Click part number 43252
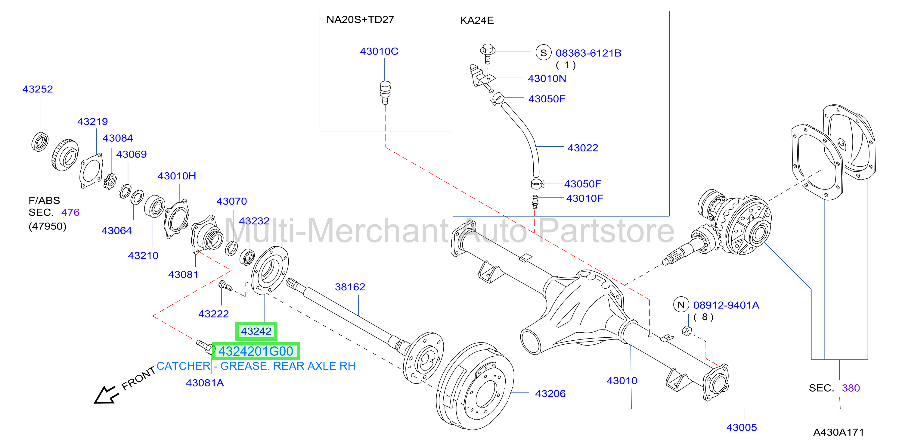pos(38,89)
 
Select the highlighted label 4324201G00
pos(256,351)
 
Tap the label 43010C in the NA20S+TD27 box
pos(379,51)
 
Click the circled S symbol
pos(543,53)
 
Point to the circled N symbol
pos(681,305)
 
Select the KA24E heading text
pos(477,20)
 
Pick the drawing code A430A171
pos(838,432)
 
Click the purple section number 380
pos(851,388)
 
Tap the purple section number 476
pos(70,212)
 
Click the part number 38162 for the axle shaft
pos(350,287)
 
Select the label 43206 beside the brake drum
pos(550,394)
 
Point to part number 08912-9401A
pos(726,305)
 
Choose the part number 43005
pos(742,427)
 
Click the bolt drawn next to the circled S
pos(488,53)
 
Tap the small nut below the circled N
pos(687,330)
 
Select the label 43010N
pos(547,79)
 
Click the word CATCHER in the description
pos(183,366)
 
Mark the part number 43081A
pos(205,383)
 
